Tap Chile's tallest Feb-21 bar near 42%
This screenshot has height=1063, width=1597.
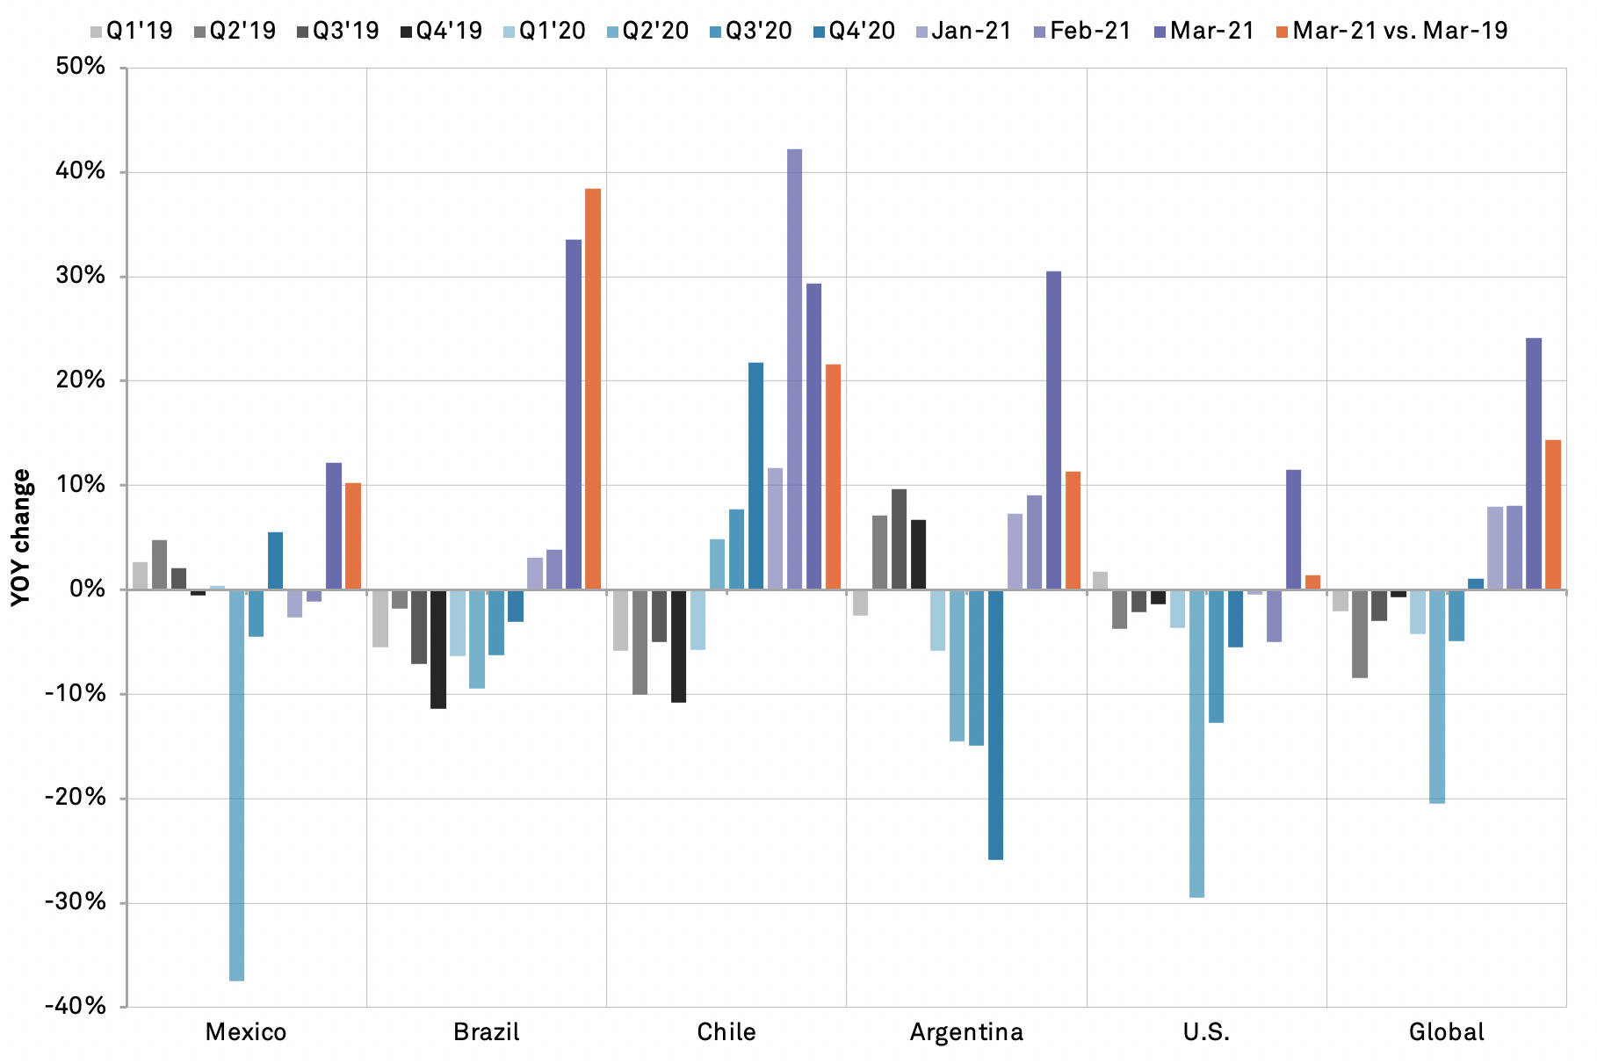(794, 369)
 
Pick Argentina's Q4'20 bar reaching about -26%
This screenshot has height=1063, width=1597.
(995, 724)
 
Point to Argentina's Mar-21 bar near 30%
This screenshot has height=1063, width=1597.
(1053, 430)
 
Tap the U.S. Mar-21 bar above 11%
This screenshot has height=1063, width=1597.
(1293, 529)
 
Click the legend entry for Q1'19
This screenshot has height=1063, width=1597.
(132, 31)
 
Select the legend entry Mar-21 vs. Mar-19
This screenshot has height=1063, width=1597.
(1391, 31)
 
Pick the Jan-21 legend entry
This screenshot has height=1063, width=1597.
(964, 31)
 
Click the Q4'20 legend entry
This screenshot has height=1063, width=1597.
(854, 31)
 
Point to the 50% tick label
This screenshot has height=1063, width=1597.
(80, 67)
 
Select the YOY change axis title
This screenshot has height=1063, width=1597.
(21, 537)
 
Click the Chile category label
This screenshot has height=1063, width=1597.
(726, 1031)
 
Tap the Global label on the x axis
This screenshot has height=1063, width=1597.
(1446, 1031)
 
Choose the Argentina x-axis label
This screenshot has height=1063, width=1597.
(966, 1031)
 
